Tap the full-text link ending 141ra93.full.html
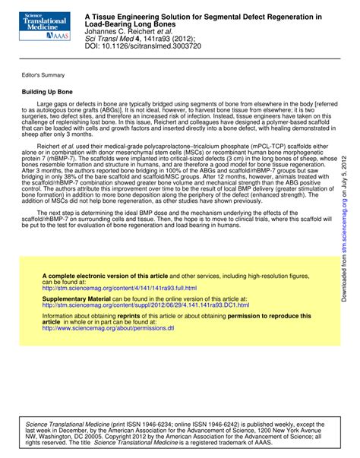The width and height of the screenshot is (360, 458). pyautogui.click(x=119, y=267)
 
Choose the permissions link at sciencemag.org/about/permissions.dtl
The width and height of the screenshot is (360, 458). pyautogui.click(x=108, y=307)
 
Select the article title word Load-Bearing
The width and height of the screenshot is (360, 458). pyautogui.click(x=106, y=24)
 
